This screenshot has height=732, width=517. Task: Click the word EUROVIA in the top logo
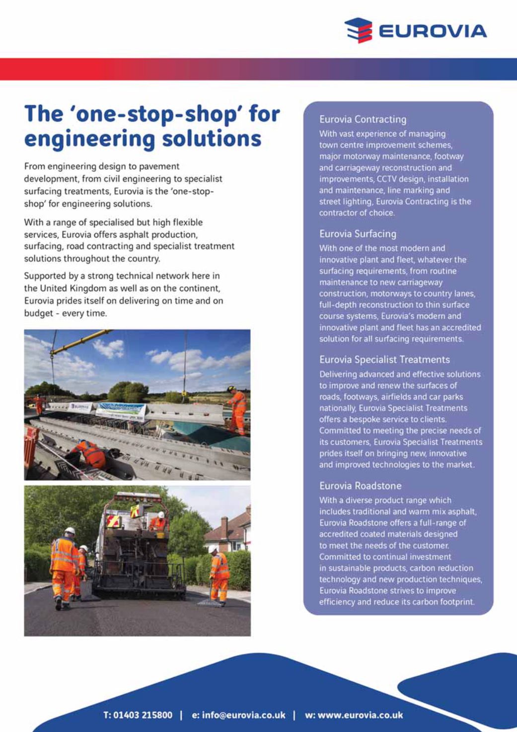tap(432, 31)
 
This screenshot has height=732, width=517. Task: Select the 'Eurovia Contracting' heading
tap(363, 119)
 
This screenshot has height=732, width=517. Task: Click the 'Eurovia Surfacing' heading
tap(358, 234)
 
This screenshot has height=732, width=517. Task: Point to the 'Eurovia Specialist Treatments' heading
tap(384, 360)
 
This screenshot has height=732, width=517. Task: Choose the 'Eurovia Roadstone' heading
tap(360, 486)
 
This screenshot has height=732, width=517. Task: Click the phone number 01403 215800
tap(143, 715)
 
